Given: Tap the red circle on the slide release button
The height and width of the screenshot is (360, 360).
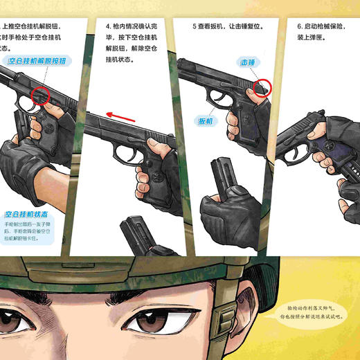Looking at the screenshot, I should click(39, 95).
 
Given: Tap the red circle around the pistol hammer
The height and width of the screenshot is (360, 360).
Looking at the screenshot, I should click(262, 88).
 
